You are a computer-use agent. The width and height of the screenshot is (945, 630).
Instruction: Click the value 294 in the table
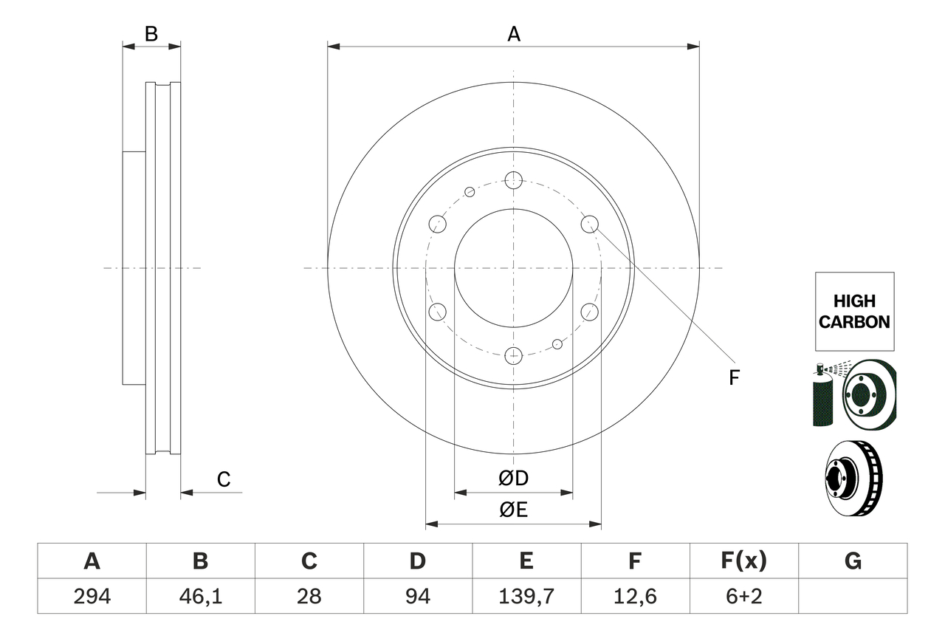point(92,596)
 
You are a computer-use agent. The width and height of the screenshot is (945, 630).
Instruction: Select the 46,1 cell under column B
point(200,596)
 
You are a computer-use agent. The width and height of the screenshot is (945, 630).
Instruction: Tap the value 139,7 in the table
point(526,596)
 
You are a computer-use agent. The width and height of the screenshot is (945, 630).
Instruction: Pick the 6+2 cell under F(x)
point(743,596)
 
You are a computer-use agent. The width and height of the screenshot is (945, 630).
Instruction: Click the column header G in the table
point(853,561)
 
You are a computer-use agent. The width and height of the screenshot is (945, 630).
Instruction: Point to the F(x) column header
point(743,561)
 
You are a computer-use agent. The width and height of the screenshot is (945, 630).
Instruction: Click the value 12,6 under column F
point(635,596)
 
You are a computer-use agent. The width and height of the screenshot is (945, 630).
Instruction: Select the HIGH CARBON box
point(854,311)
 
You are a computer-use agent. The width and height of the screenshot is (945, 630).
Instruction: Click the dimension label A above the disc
point(513,34)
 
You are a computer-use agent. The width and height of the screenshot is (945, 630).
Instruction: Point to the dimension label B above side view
point(151,34)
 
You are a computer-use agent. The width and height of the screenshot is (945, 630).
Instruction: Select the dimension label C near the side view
point(224,479)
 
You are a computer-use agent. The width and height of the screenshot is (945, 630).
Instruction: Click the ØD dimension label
point(513,479)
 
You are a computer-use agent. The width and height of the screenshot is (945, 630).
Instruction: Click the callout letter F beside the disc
point(733,378)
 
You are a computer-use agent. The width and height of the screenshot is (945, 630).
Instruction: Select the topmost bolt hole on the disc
point(513,179)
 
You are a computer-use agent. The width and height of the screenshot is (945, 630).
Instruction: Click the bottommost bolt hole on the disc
point(513,356)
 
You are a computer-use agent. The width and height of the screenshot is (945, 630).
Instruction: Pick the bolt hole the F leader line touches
point(589,223)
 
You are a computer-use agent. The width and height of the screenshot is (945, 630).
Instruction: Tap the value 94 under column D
point(417,596)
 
